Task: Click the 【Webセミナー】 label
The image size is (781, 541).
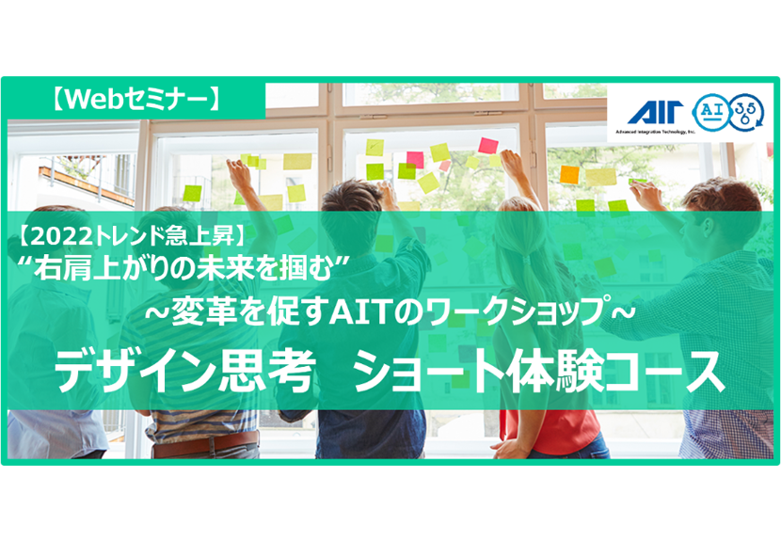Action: (x=135, y=100)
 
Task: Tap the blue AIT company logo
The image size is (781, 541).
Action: (x=655, y=113)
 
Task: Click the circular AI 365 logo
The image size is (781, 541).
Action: (x=728, y=113)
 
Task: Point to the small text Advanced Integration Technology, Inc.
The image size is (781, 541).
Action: (x=655, y=132)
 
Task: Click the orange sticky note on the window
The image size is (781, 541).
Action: (x=569, y=175)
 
